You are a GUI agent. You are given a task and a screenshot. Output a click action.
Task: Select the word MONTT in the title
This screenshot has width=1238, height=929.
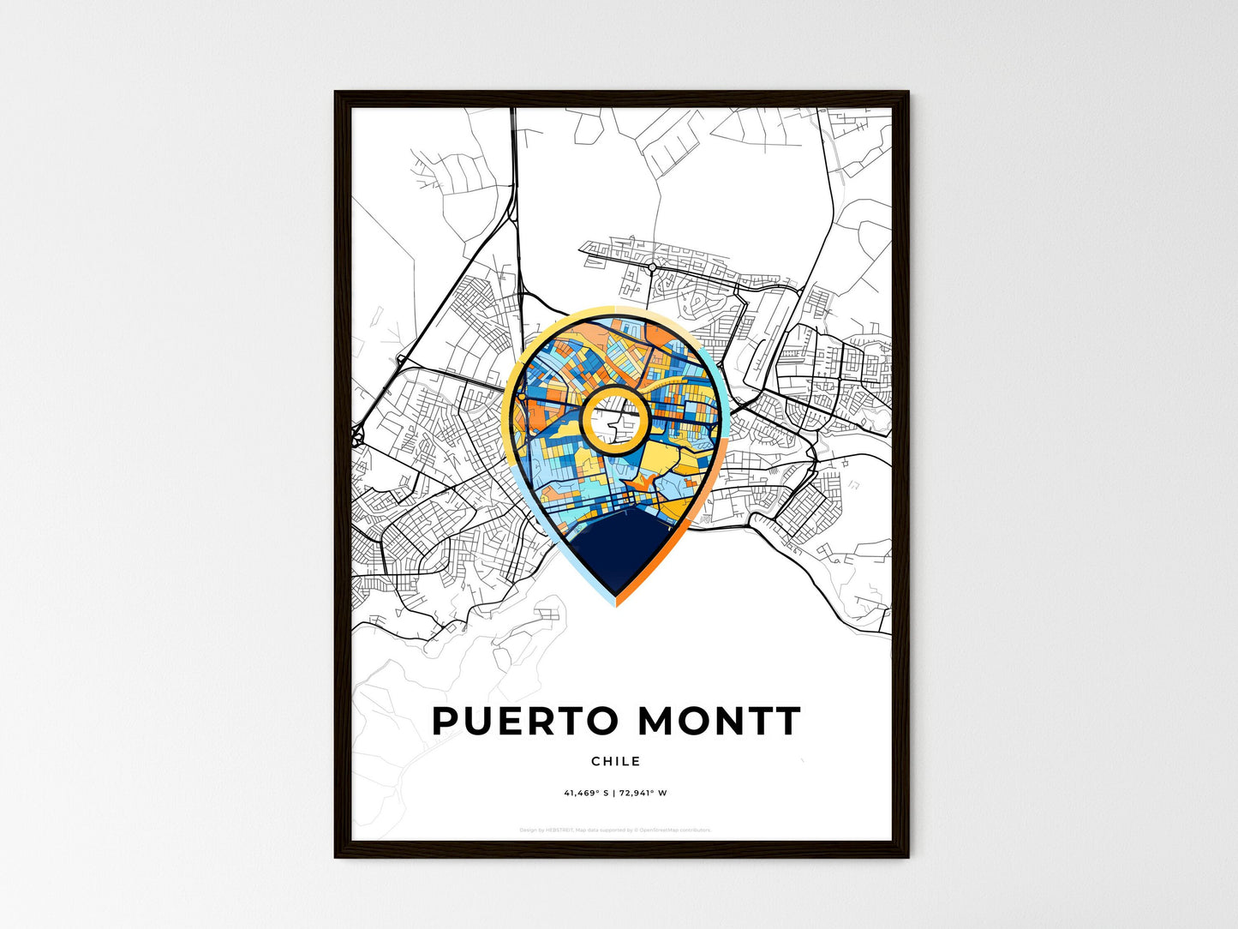point(720,722)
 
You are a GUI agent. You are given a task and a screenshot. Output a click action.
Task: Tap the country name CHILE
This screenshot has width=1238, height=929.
point(615,761)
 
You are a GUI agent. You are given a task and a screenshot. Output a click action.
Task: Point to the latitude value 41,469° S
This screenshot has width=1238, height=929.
point(586,793)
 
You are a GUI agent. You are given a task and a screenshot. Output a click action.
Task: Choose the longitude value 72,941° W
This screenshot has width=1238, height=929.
point(643,793)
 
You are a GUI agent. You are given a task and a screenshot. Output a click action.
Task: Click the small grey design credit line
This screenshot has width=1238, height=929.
point(615,830)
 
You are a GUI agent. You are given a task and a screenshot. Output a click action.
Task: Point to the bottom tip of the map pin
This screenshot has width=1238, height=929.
point(616,603)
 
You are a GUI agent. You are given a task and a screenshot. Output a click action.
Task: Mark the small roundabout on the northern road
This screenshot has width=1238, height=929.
point(652,267)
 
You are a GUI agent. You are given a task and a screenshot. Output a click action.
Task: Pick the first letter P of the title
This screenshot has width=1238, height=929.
point(447,722)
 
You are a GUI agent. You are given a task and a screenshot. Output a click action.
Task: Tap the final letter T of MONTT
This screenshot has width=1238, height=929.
point(787,722)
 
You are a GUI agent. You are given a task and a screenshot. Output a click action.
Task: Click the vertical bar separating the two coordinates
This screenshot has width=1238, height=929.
point(613,793)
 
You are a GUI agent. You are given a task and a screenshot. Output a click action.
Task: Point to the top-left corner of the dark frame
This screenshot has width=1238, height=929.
point(336,93)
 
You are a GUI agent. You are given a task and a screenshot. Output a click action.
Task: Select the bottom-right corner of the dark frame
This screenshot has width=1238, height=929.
point(907,855)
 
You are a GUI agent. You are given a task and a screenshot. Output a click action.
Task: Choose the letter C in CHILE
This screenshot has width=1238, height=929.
point(595,761)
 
